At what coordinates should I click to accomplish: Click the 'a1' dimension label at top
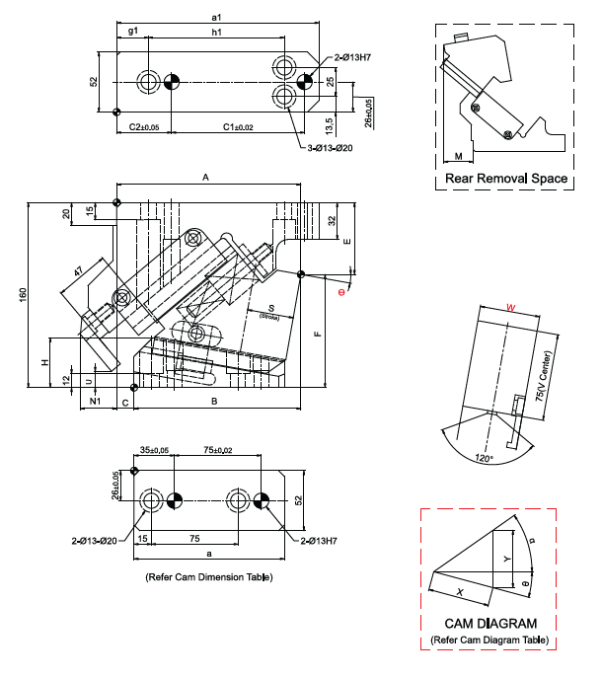pyautogui.click(x=216, y=17)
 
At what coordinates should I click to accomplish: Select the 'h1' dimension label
pyautogui.click(x=216, y=33)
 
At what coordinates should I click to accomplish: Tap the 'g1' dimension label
pyautogui.click(x=132, y=33)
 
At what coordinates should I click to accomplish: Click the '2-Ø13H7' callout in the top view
pyautogui.click(x=352, y=57)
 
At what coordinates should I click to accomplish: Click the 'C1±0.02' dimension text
pyautogui.click(x=238, y=126)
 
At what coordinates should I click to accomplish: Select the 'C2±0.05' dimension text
pyautogui.click(x=145, y=126)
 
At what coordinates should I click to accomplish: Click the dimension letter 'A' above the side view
pyautogui.click(x=207, y=177)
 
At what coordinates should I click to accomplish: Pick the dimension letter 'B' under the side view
pyautogui.click(x=214, y=401)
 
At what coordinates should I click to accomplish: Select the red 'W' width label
pyautogui.click(x=509, y=308)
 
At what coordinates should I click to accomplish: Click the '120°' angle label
pyautogui.click(x=484, y=458)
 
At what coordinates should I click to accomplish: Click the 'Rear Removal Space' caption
pyautogui.click(x=506, y=179)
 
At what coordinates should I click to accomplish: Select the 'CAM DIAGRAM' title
pyautogui.click(x=490, y=624)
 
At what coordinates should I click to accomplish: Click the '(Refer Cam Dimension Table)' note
pyautogui.click(x=207, y=575)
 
